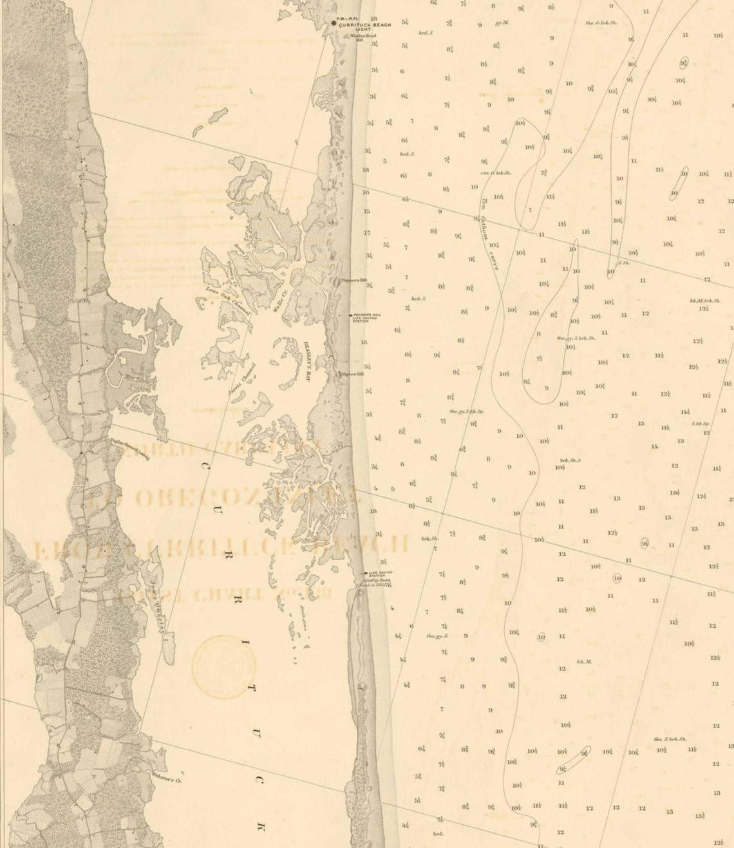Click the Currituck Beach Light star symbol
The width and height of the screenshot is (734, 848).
[x=334, y=23]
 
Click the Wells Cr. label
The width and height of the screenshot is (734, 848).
[x=281, y=300]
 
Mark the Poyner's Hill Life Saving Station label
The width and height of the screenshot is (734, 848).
[x=366, y=317]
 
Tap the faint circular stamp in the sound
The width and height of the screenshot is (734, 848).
[x=224, y=667]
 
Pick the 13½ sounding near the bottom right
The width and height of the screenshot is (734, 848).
[x=699, y=816]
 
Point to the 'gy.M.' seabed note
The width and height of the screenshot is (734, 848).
[x=502, y=23]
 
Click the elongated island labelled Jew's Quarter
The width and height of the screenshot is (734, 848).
[x=164, y=625]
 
